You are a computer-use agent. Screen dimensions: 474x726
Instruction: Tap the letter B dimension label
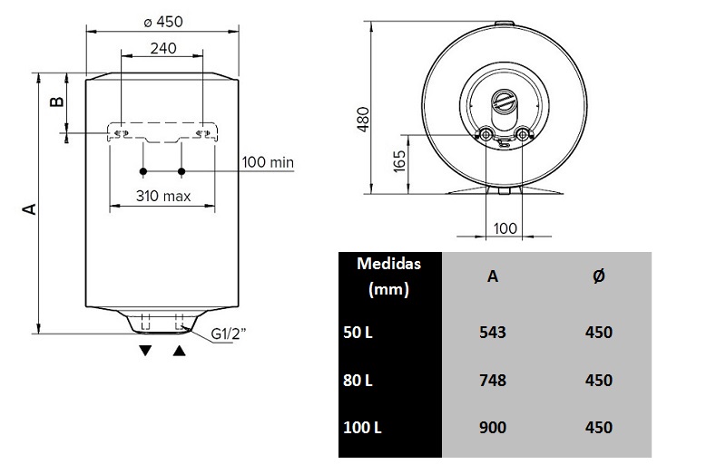56,102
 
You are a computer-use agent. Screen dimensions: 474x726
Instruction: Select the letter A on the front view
29,209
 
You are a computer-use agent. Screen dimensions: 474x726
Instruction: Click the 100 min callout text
269,162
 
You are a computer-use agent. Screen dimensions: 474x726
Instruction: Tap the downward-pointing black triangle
144,351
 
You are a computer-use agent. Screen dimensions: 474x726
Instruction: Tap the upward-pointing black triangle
179,351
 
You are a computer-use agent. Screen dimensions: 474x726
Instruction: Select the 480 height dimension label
363,116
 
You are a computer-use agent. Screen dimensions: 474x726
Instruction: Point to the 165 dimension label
400,162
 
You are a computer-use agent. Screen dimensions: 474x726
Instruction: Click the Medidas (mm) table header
388,277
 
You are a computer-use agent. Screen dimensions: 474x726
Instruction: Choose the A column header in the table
492,276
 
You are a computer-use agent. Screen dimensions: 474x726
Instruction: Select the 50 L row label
358,332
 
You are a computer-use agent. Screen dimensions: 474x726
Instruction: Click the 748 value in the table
492,380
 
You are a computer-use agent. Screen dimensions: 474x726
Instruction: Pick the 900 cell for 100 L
492,427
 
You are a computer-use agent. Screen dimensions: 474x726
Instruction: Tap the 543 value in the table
492,332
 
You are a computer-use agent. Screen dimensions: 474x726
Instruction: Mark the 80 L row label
358,380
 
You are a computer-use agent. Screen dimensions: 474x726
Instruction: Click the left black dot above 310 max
142,171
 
